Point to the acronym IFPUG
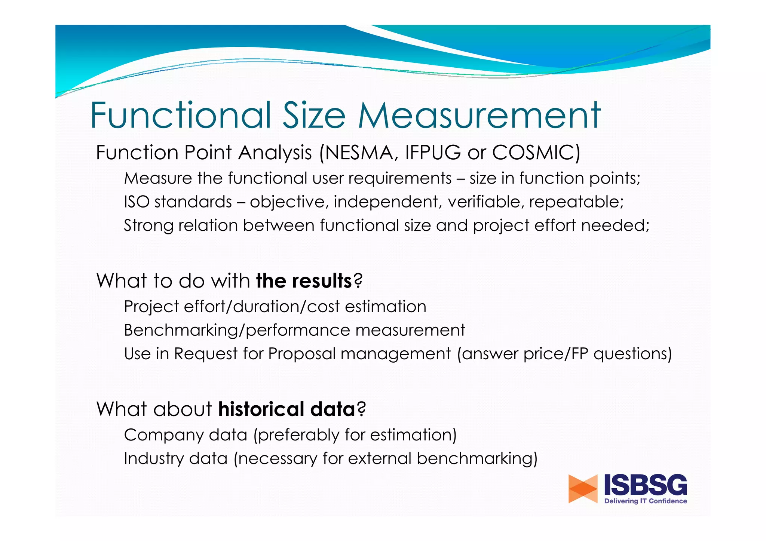(x=433, y=153)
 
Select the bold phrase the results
(x=304, y=281)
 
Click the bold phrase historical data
(x=287, y=409)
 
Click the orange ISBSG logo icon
(x=583, y=489)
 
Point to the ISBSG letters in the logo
(x=646, y=485)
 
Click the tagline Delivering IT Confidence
(x=646, y=501)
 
